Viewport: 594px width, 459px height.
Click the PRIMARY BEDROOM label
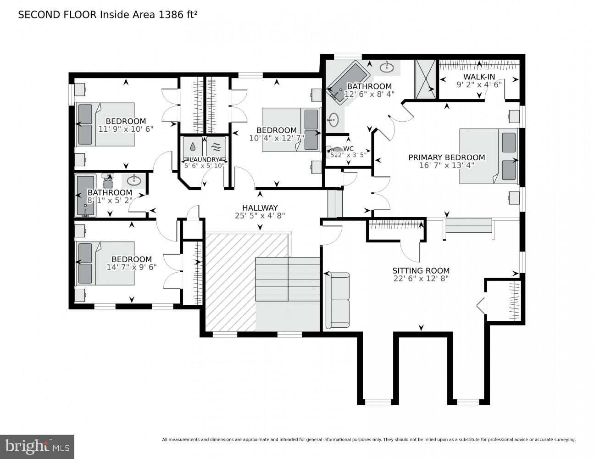click(446, 157)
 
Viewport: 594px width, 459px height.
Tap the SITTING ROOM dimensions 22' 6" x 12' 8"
click(421, 278)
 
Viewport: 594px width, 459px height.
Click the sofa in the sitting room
click(337, 301)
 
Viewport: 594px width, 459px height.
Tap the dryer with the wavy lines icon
click(216, 147)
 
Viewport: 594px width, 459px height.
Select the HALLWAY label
click(260, 208)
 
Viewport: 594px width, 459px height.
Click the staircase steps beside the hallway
click(287, 279)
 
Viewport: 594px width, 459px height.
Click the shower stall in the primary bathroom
click(425, 79)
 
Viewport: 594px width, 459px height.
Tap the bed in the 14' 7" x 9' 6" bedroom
click(105, 263)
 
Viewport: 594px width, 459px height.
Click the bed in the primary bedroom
click(489, 156)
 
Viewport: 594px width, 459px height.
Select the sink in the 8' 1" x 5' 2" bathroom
click(134, 180)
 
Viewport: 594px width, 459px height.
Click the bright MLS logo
click(37, 446)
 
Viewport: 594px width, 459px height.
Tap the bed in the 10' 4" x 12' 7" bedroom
click(290, 129)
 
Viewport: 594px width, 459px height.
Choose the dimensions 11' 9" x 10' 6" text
click(126, 129)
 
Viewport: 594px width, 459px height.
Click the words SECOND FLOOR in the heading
click(57, 15)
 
